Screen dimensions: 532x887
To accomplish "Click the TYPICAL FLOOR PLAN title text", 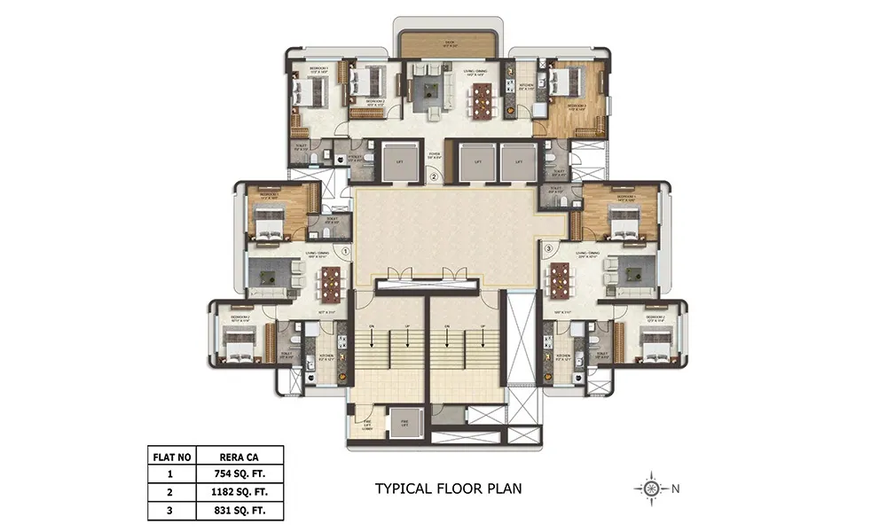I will pos(448,488).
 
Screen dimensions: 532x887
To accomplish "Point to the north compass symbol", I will pos(651,488).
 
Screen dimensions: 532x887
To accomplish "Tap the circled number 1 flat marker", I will pos(345,251).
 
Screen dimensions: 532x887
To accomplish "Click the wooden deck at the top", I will pos(449,45).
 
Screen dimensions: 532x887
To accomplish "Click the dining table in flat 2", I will pos(481,99).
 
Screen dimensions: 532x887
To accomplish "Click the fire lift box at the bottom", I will pos(404,423).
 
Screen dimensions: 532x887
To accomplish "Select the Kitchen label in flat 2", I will pos(526,86).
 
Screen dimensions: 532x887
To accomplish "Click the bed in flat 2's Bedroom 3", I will pos(565,87).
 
